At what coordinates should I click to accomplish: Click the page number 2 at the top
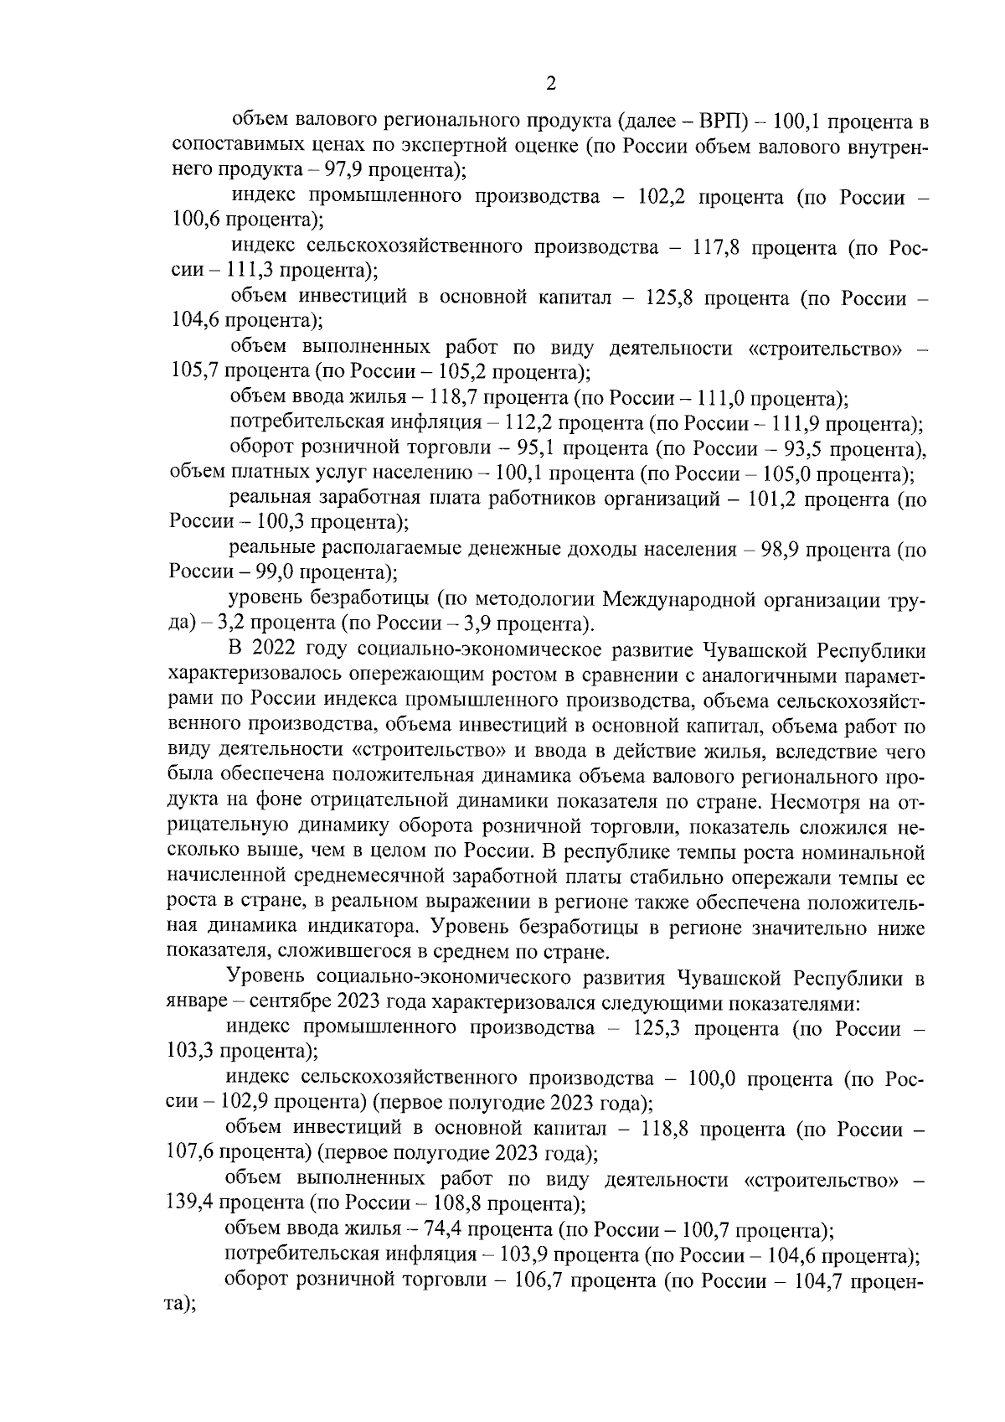point(550,83)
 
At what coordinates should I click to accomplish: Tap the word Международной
point(675,600)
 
